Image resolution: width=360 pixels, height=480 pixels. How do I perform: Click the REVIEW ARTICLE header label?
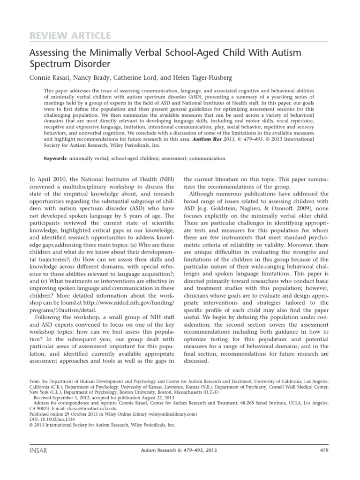pos(70,36)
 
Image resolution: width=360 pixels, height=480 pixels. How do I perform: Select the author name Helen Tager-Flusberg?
pos(193,76)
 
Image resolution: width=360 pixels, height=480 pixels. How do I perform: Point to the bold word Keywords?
pos(56,158)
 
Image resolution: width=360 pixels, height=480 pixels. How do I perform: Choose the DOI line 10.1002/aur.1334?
pos(50,419)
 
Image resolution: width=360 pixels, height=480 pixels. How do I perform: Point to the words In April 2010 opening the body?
pos(49,180)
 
